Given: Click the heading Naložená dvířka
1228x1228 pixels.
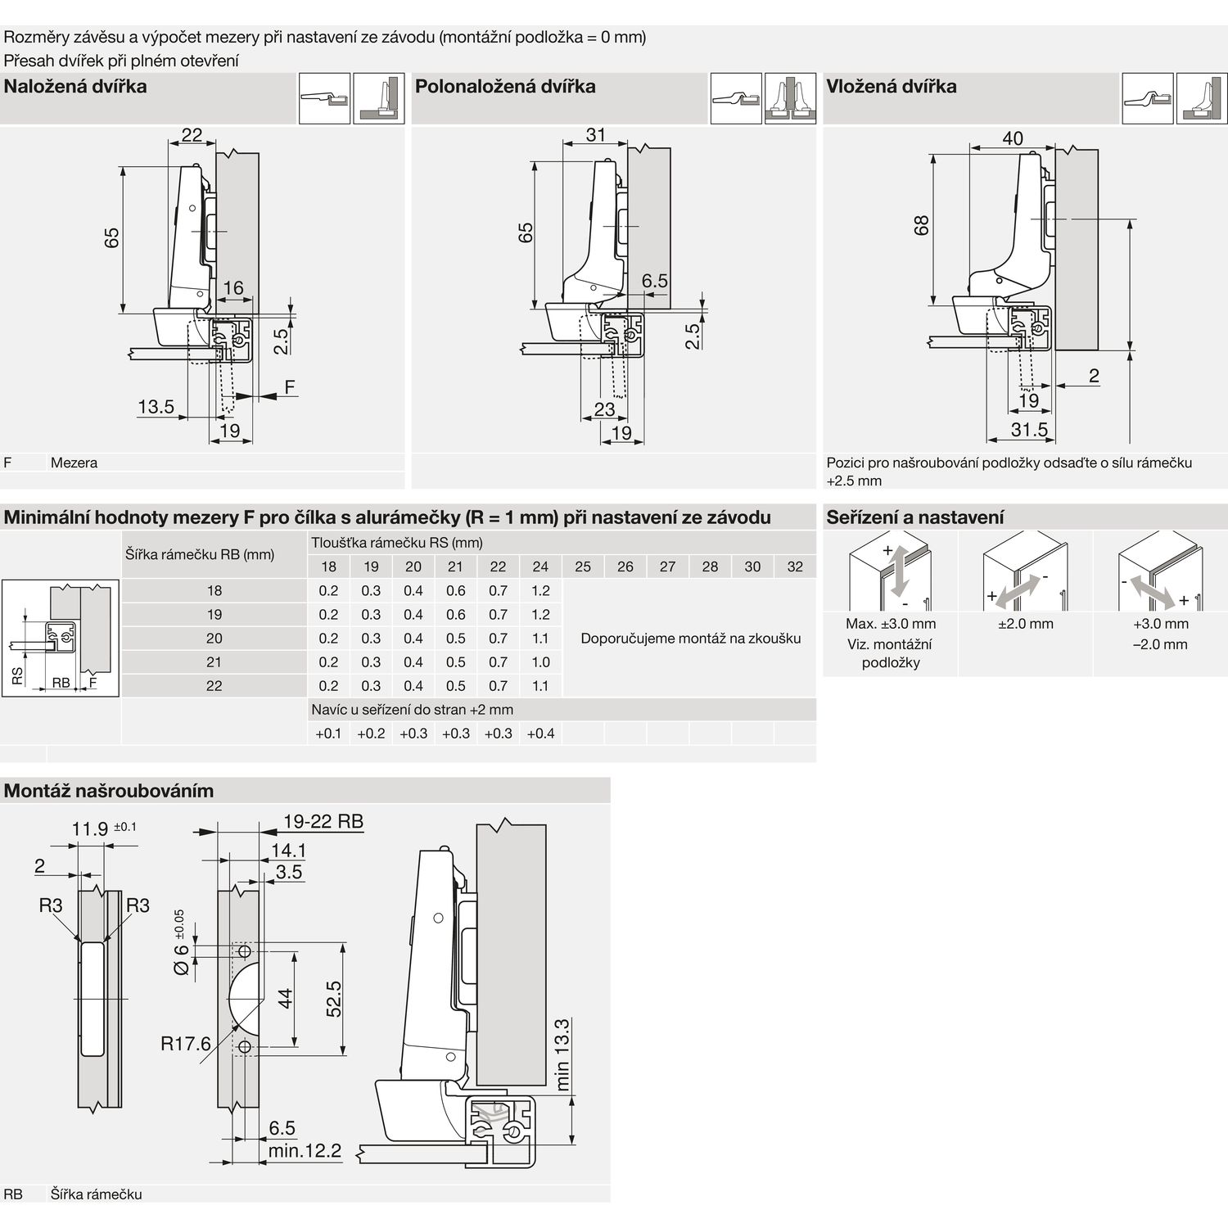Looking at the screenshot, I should pyautogui.click(x=75, y=87).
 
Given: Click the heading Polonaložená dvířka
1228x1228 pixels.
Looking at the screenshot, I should pyautogui.click(x=505, y=87).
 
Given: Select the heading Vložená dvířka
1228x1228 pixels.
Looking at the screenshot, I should pyautogui.click(x=891, y=87).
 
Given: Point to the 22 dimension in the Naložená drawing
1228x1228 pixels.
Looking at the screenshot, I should pyautogui.click(x=192, y=135).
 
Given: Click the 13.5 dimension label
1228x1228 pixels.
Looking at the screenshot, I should pyautogui.click(x=156, y=407).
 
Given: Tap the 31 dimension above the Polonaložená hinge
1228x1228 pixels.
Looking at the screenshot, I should pyautogui.click(x=596, y=135).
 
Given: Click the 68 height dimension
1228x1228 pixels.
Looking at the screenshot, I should pyautogui.click(x=922, y=225).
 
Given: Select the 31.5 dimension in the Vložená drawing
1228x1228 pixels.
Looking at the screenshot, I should pyautogui.click(x=1029, y=430).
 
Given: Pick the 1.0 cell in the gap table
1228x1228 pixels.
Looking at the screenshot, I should pyautogui.click(x=540, y=662).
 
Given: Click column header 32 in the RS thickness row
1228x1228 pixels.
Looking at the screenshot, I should pyautogui.click(x=795, y=567).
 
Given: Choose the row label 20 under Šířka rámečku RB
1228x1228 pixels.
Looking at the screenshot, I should pyautogui.click(x=214, y=639).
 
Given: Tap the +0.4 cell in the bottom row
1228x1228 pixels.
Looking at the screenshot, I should pyautogui.click(x=540, y=734).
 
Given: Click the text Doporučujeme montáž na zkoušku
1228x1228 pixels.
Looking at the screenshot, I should pyautogui.click(x=690, y=639).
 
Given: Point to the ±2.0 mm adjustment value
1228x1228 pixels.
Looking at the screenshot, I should pyautogui.click(x=1025, y=624).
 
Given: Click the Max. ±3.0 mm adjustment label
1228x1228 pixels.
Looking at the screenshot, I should pyautogui.click(x=891, y=624).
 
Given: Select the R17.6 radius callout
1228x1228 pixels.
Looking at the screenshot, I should pyautogui.click(x=186, y=1044).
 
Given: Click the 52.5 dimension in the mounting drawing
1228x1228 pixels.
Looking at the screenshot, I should pyautogui.click(x=334, y=999).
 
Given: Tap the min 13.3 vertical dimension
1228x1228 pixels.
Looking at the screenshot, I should pyautogui.click(x=562, y=1054).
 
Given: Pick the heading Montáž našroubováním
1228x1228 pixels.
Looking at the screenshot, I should pyautogui.click(x=109, y=791).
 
